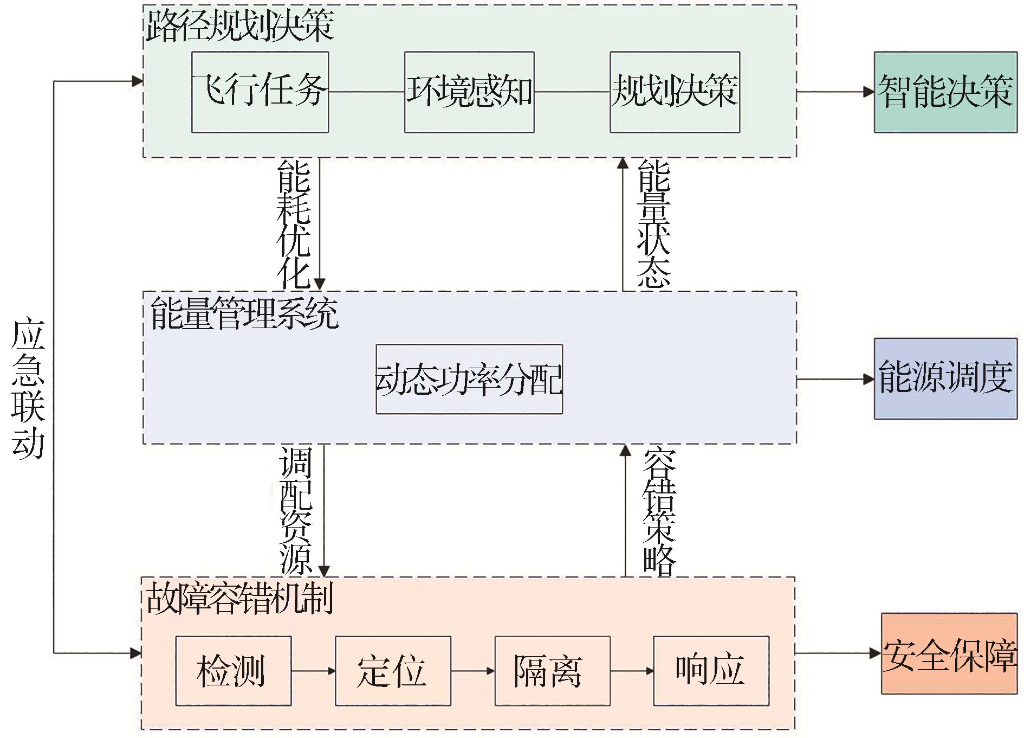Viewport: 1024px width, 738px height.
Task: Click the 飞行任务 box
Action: [260, 92]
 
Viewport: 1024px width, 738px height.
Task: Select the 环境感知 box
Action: [469, 92]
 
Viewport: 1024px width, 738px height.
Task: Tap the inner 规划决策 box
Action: [675, 92]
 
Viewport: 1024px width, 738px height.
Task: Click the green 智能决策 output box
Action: [945, 92]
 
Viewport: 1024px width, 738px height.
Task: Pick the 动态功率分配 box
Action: [469, 379]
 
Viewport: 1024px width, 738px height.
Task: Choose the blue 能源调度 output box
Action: [945, 378]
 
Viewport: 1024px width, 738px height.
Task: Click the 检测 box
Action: [233, 671]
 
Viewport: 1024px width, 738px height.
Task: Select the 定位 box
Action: [393, 671]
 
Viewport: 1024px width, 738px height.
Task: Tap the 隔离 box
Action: [552, 671]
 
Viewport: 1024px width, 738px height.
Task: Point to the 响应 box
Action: [711, 671]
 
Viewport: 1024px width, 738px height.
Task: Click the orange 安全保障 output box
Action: [949, 653]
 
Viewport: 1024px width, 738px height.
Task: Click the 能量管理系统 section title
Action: [244, 313]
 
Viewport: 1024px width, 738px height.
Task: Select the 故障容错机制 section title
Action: [239, 598]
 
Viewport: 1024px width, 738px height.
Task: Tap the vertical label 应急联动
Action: [28, 389]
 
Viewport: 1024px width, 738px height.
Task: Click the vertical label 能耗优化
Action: [294, 223]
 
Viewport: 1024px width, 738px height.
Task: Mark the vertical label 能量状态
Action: [654, 223]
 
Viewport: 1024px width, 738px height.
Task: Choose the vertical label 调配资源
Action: [296, 510]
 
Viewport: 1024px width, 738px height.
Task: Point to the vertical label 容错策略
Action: [659, 510]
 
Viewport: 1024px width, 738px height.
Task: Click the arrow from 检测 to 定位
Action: [313, 671]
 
